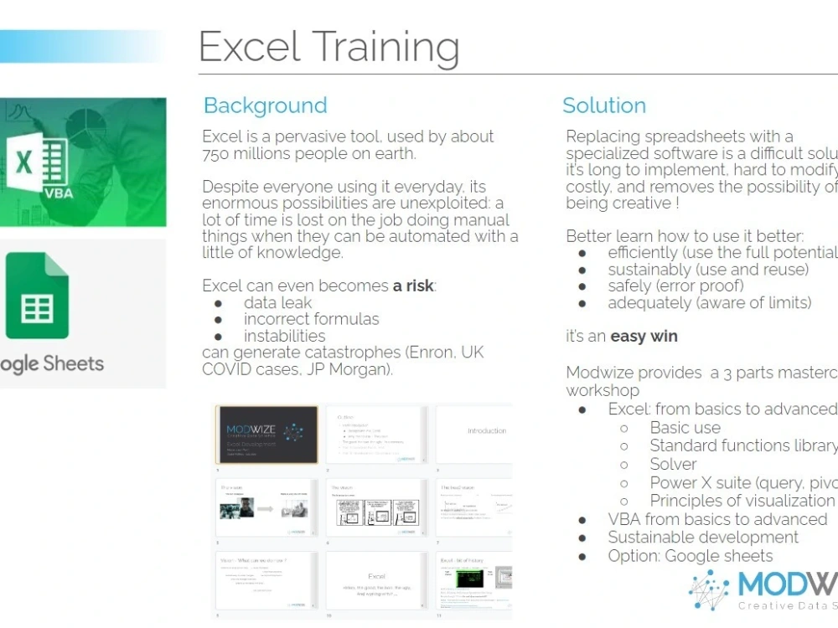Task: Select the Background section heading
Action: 265,106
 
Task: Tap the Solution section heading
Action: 603,106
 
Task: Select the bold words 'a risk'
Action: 413,286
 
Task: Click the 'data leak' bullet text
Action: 277,302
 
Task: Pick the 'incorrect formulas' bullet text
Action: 311,319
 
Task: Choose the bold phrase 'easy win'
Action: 644,337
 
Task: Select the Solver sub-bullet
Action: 673,464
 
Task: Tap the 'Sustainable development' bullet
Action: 702,538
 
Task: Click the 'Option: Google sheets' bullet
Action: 690,556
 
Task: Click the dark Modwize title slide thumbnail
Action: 267,435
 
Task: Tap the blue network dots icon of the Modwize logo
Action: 709,589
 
